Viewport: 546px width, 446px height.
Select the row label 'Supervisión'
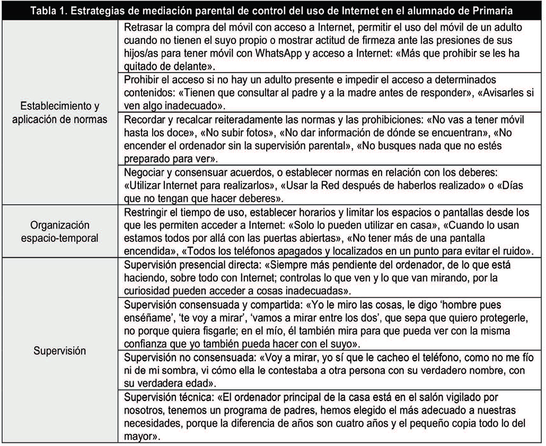pos(59,351)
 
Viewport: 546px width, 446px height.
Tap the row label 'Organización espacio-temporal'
pos(59,232)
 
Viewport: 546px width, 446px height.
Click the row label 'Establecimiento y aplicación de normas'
pos(59,112)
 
